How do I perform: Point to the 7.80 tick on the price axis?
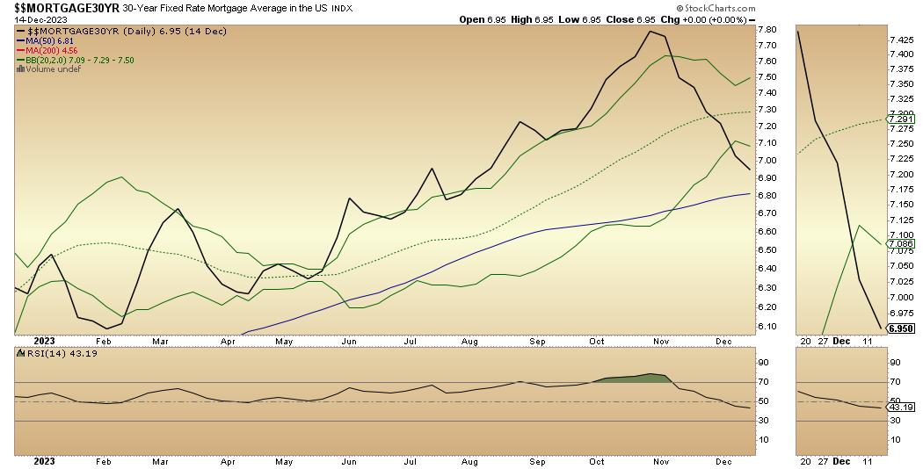pos(765,29)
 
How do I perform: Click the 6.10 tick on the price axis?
pos(765,327)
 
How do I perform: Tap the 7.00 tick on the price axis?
pos(765,160)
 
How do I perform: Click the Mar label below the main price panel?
pos(160,340)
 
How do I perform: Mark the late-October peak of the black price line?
pos(650,32)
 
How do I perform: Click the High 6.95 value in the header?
pos(542,19)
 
